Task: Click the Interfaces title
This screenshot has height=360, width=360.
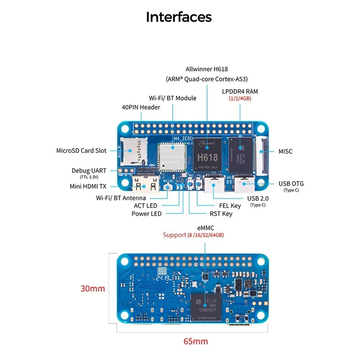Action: pos(179,17)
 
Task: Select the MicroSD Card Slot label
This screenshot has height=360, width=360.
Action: pos(81,151)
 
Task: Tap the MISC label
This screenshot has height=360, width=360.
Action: pos(286,151)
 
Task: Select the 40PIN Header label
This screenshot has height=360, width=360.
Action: pos(141,107)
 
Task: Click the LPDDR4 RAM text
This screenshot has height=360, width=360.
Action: pos(240,91)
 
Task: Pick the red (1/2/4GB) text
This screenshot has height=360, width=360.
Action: pos(240,98)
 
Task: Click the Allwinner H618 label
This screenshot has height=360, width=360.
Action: pos(207,69)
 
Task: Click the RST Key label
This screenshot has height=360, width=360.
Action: pos(221,214)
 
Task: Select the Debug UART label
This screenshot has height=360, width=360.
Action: pos(89,171)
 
